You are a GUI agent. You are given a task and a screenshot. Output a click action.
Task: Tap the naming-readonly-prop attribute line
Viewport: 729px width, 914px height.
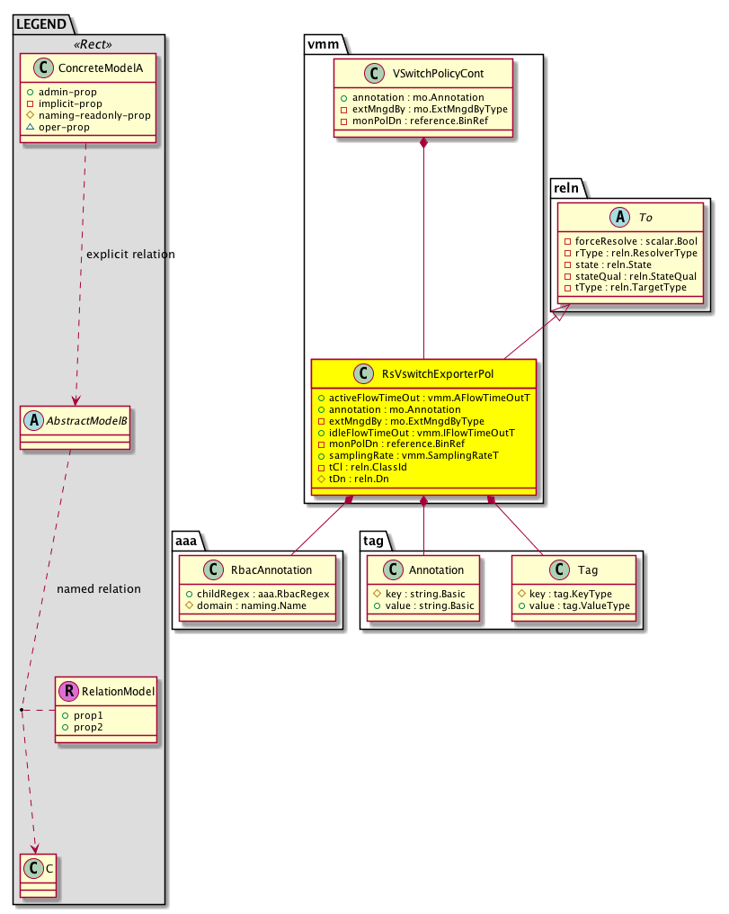(93, 115)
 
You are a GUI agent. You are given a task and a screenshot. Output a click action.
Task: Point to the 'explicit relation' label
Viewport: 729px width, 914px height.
(129, 255)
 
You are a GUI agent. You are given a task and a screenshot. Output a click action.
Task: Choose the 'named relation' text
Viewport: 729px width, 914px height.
(99, 589)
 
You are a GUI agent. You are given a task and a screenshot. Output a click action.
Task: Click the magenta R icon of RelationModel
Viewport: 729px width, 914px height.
(67, 692)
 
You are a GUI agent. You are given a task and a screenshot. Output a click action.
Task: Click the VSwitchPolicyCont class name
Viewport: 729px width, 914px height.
(432, 75)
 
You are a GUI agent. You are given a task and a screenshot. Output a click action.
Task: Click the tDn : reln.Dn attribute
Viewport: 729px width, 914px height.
(359, 479)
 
